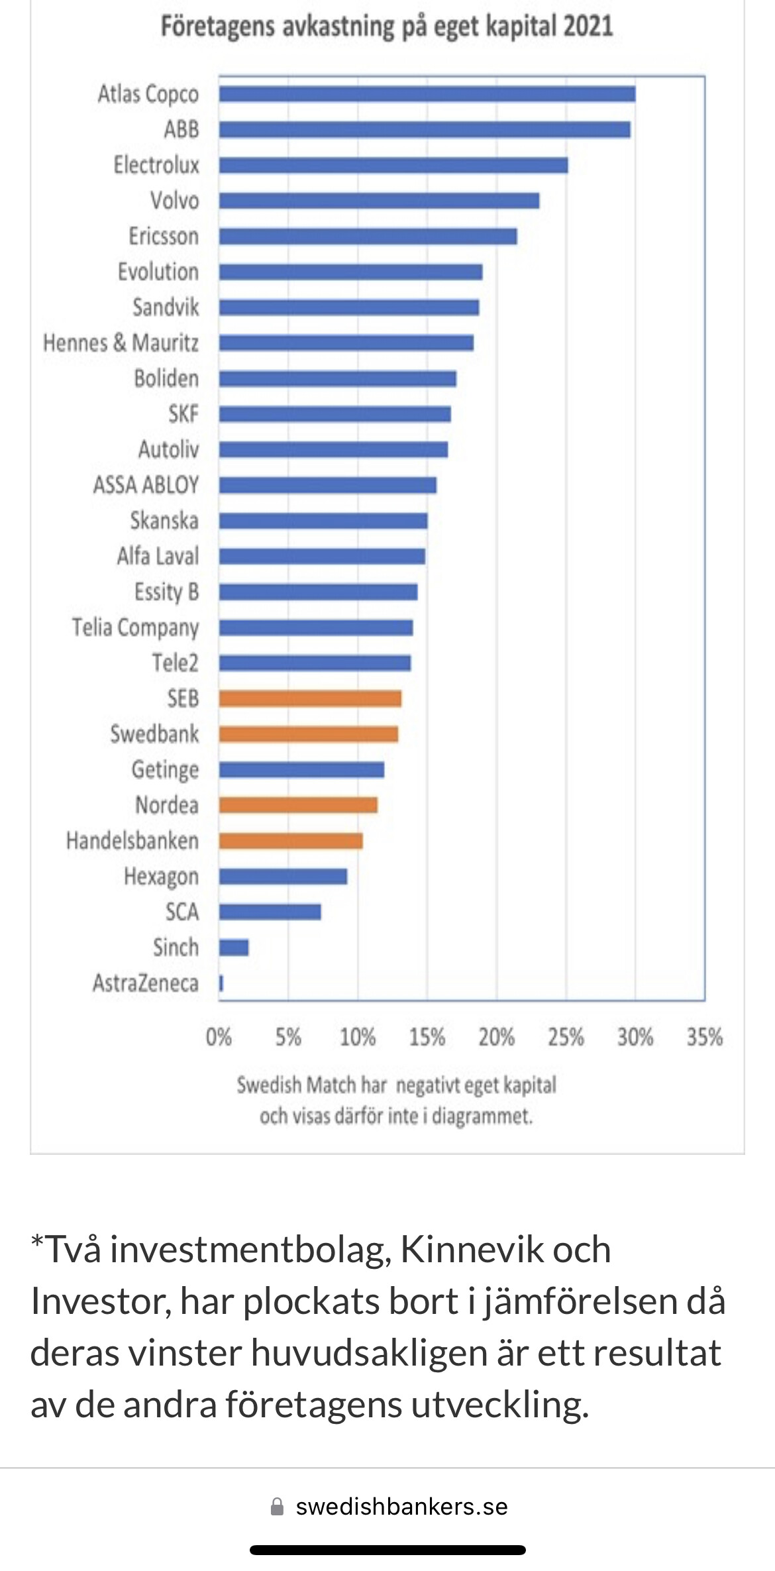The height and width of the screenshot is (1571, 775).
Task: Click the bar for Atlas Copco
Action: click(x=427, y=94)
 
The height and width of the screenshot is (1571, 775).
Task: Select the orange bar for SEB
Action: click(x=310, y=698)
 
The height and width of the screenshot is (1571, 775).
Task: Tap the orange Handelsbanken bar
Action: click(x=291, y=841)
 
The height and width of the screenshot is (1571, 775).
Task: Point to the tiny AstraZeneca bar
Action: click(x=221, y=983)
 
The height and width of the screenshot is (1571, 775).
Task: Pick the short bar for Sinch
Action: click(x=234, y=948)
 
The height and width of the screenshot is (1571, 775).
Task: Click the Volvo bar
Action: click(x=379, y=201)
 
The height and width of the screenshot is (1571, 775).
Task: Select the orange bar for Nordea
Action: click(x=298, y=805)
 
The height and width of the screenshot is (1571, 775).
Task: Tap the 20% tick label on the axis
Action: click(x=496, y=1037)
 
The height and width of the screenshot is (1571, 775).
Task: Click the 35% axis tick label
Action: click(x=704, y=1037)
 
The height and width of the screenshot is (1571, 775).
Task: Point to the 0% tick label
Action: click(x=219, y=1037)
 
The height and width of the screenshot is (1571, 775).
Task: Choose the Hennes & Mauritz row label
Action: click(x=121, y=343)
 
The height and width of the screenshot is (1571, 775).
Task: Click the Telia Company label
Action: click(x=135, y=627)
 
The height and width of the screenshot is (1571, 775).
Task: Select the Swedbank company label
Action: click(x=154, y=734)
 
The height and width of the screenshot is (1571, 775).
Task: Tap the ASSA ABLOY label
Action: click(x=146, y=485)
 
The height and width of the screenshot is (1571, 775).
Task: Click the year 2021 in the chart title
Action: click(x=588, y=27)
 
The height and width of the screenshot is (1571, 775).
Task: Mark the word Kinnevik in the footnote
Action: click(x=505, y=1250)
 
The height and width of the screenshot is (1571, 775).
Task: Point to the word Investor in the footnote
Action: click(x=100, y=1302)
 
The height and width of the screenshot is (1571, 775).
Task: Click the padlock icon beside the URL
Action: click(x=278, y=1507)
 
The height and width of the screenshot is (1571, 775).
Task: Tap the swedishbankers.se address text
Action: click(x=401, y=1507)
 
